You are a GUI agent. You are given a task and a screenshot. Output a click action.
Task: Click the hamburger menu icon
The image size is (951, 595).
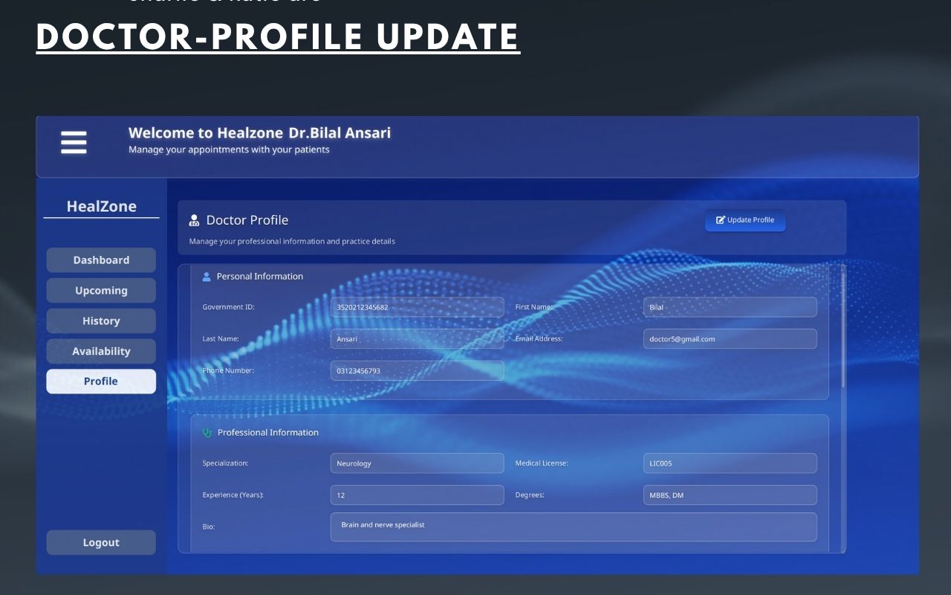point(74,142)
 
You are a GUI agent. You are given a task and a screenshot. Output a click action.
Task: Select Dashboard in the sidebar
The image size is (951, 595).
point(101,260)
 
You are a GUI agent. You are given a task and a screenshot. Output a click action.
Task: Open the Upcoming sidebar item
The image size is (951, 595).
point(101,291)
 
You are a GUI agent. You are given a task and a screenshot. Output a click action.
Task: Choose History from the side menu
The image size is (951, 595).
point(101,321)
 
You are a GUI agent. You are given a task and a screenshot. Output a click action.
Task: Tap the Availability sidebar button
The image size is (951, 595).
point(101,351)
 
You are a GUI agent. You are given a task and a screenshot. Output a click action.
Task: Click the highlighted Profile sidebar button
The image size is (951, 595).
point(101,382)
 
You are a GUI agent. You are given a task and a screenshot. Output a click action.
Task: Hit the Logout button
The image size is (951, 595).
point(101,543)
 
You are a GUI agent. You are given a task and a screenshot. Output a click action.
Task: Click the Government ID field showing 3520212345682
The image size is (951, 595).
point(417,307)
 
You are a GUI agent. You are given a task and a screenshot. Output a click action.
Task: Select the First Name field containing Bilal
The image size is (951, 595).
point(730,307)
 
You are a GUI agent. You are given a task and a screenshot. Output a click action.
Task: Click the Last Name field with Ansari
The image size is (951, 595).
point(417,339)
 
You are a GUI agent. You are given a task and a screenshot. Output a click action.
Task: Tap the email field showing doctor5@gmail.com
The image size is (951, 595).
point(730,339)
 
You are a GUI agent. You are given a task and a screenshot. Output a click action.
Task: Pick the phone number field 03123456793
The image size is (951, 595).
point(417,370)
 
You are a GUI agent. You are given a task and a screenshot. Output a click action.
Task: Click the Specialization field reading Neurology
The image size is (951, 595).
point(417,463)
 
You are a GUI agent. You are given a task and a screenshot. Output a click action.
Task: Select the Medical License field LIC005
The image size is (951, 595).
point(730,463)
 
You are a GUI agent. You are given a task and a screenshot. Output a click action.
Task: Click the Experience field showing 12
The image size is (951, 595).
point(417,495)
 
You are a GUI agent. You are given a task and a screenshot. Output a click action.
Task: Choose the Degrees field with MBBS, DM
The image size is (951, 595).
point(730,495)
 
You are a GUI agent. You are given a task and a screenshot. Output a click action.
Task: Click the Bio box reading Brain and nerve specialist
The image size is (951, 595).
point(573,527)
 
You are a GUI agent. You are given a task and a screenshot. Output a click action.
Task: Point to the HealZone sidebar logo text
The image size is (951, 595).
point(101,207)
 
